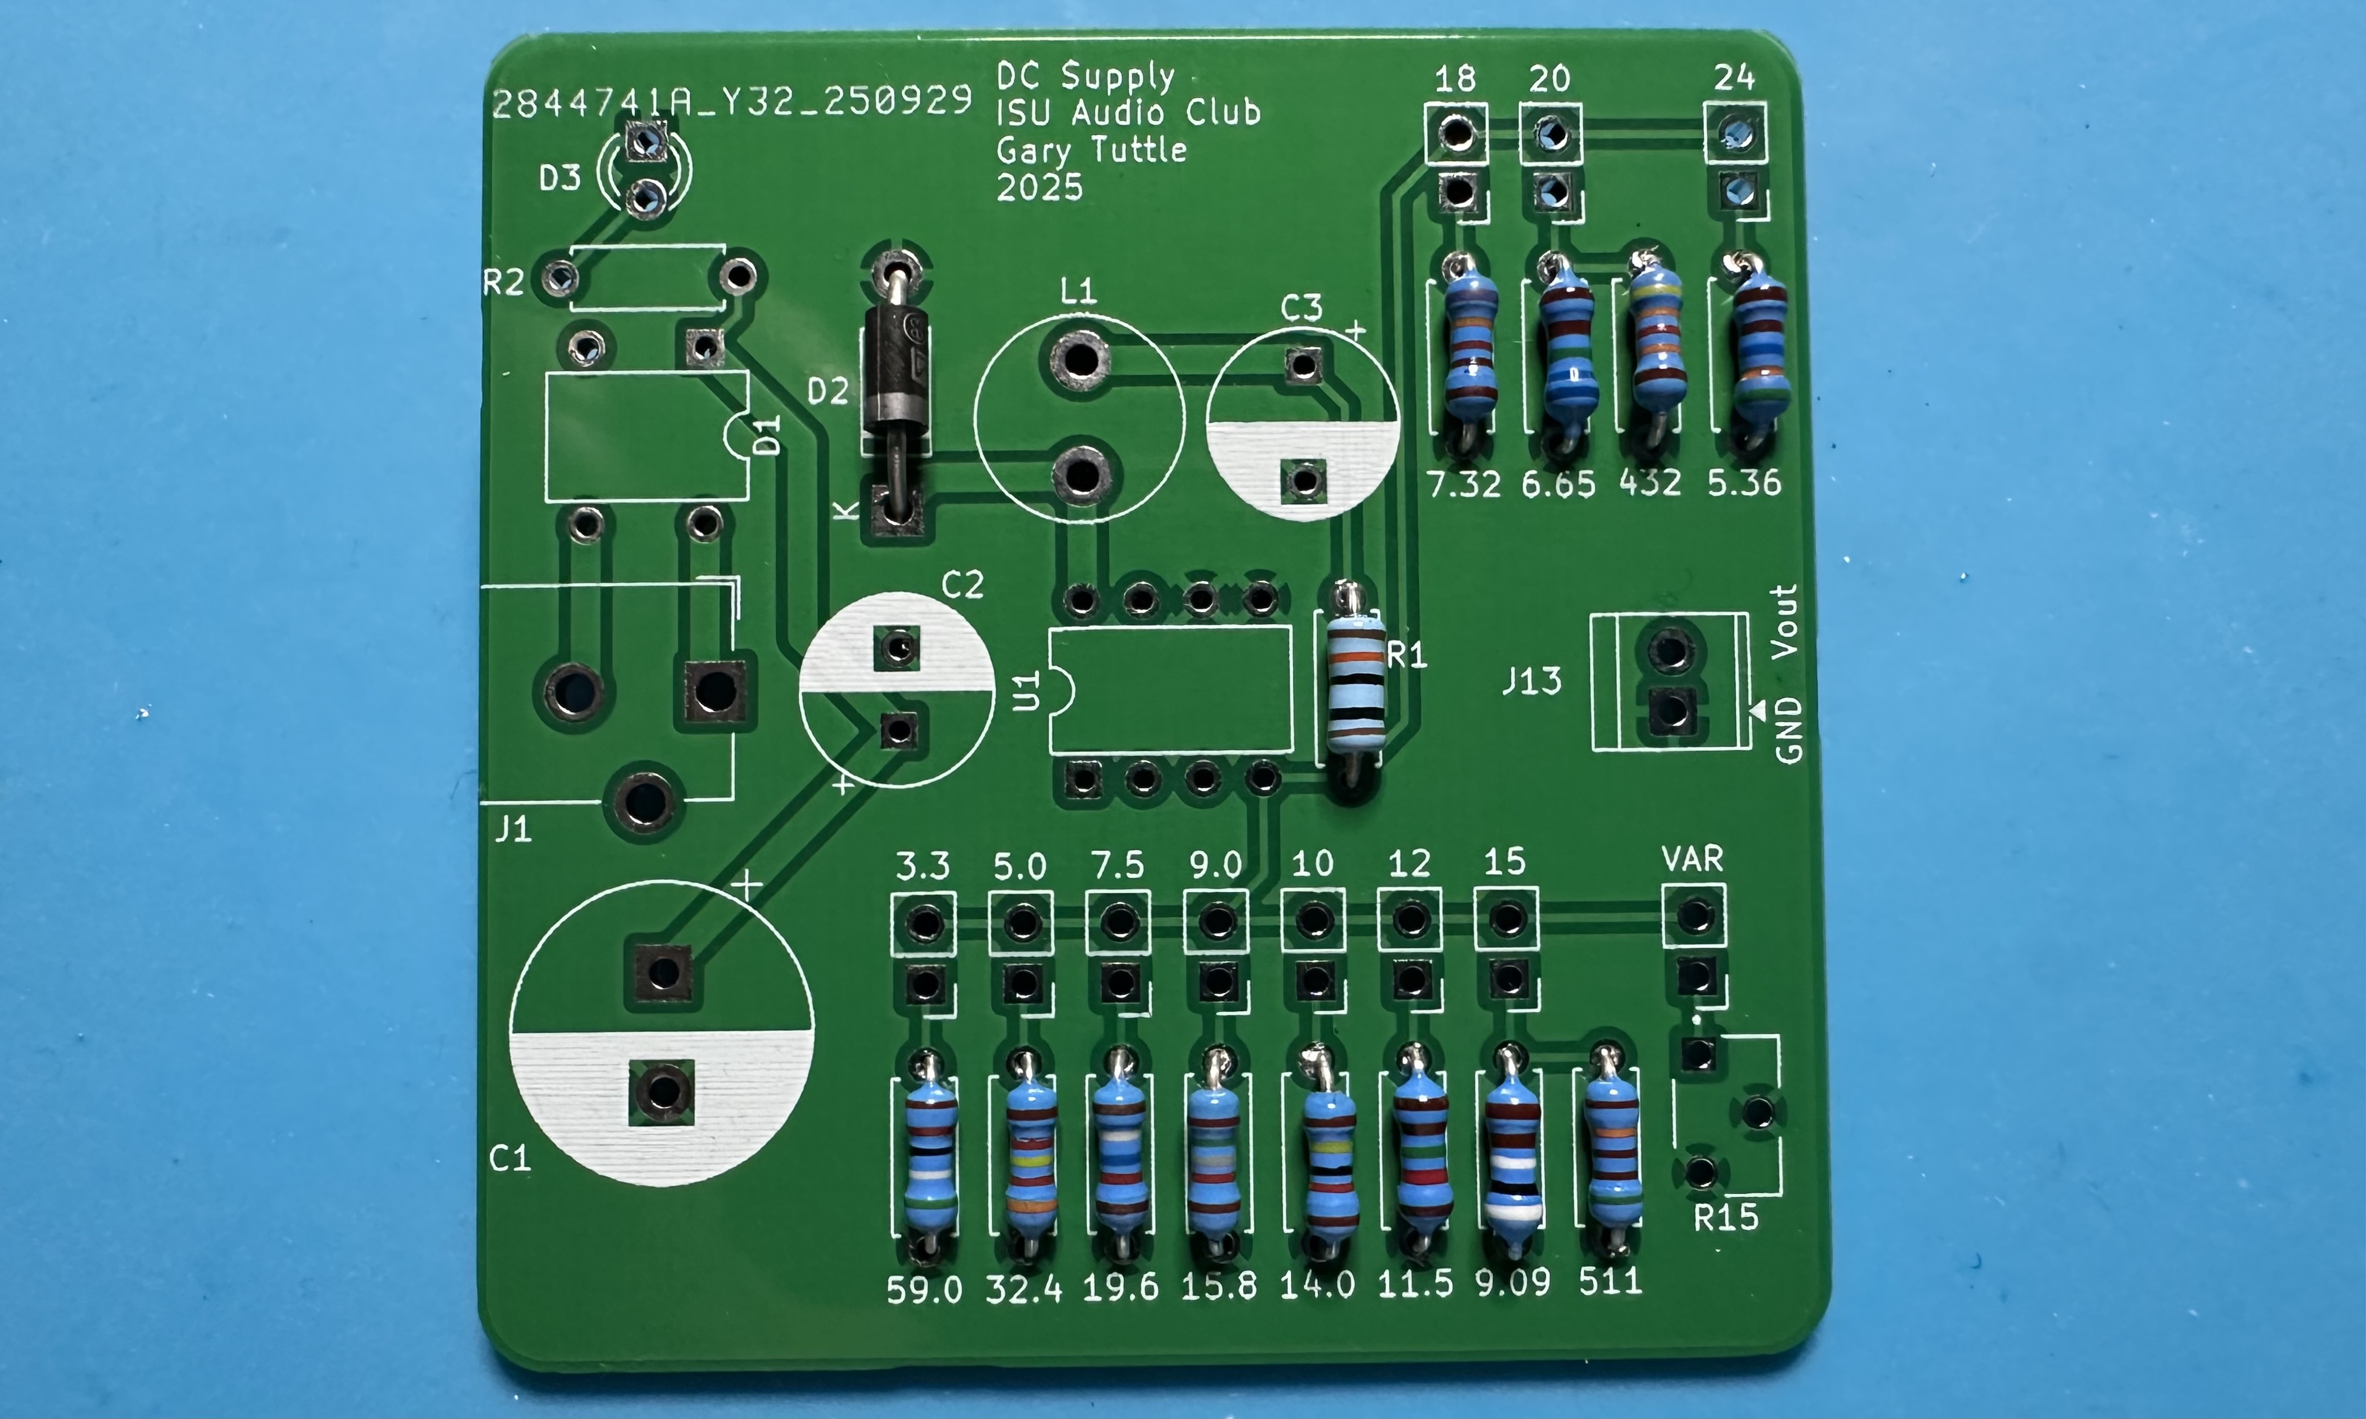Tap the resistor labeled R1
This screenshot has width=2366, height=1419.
coord(1355,681)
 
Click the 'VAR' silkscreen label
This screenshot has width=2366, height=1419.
coord(1692,858)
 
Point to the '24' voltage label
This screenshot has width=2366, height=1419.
coord(1733,78)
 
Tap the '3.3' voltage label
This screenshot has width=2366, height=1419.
coord(922,866)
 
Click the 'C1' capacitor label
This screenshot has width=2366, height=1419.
coord(509,1159)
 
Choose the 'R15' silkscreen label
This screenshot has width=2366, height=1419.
coord(1726,1218)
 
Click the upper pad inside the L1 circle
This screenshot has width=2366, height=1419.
coord(1080,361)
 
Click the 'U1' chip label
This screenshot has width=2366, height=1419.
coord(1026,690)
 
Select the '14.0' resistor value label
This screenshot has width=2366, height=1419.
coord(1317,1285)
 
